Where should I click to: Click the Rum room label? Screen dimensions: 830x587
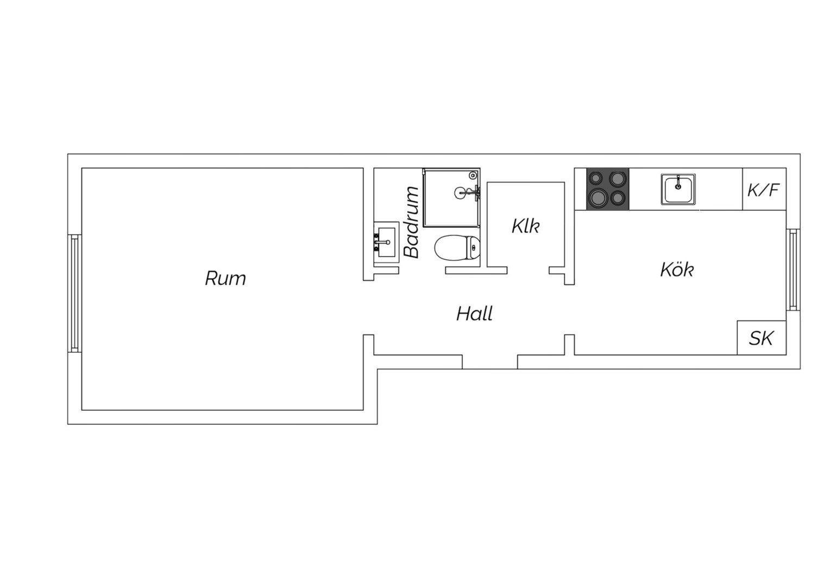coord(225,278)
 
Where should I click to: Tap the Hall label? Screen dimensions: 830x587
coord(474,314)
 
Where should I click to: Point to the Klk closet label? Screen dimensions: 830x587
coord(525,226)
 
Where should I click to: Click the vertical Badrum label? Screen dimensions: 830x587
coord(411,222)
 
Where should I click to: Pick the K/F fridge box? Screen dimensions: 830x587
coord(764,189)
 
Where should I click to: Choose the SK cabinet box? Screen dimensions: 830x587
coord(762,338)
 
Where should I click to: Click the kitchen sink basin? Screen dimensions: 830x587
coord(678,189)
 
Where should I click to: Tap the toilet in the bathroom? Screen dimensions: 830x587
coord(457,248)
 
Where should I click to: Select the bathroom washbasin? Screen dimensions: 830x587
coord(386,242)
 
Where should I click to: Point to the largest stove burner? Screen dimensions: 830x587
coord(598,198)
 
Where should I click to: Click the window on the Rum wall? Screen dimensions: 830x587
coord(74,293)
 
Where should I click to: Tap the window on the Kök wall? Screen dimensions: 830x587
coord(793,270)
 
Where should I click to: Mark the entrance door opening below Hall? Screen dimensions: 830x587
coord(490,362)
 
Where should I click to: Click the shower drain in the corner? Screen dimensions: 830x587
coord(473,175)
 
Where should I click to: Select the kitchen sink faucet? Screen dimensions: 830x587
coord(678,183)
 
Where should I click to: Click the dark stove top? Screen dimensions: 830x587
coord(608,189)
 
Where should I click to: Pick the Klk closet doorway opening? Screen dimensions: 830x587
coord(528,270)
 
